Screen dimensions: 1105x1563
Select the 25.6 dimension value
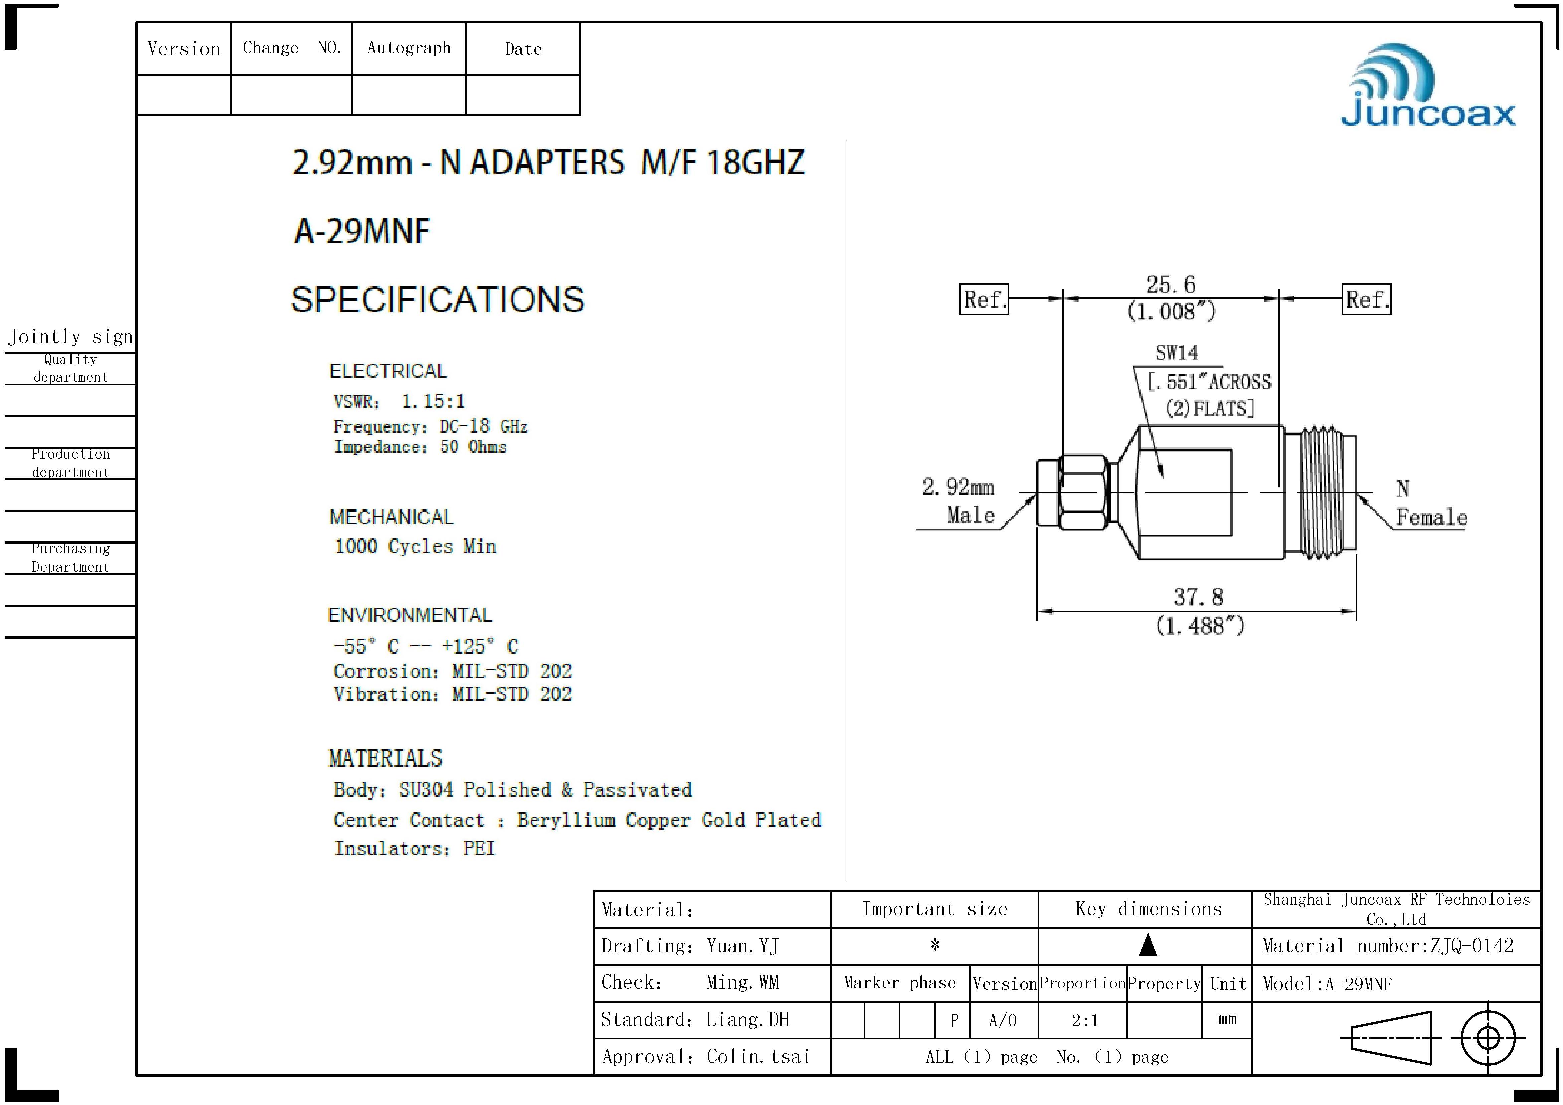pos(1170,284)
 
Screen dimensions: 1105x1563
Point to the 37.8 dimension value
pos(1198,597)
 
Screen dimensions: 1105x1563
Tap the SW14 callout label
pos(1176,353)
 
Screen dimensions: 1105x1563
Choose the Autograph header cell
pos(408,48)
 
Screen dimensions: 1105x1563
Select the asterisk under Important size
pos(935,945)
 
